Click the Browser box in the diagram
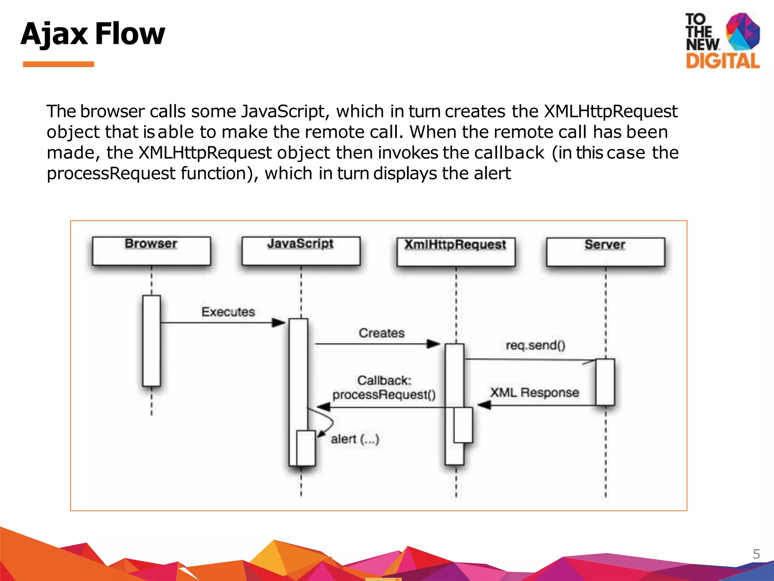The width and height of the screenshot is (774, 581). pyautogui.click(x=151, y=251)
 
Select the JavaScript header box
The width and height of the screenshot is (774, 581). pyautogui.click(x=301, y=251)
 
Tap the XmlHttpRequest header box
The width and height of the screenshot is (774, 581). pyautogui.click(x=456, y=252)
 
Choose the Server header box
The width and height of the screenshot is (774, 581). pyautogui.click(x=605, y=252)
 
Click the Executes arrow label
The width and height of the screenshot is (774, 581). pyautogui.click(x=228, y=312)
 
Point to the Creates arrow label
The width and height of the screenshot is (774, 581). pyautogui.click(x=381, y=333)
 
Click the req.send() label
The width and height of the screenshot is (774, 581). pyautogui.click(x=535, y=345)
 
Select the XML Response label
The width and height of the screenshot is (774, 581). pyautogui.click(x=534, y=392)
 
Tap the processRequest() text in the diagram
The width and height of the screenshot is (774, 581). pyautogui.click(x=384, y=395)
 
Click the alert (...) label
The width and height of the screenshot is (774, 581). pyautogui.click(x=354, y=439)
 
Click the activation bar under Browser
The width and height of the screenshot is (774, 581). pyautogui.click(x=151, y=340)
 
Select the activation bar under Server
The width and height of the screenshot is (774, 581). pyautogui.click(x=605, y=382)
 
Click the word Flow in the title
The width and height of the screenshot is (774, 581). pyautogui.click(x=130, y=34)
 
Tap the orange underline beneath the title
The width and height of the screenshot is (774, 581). pyautogui.click(x=58, y=64)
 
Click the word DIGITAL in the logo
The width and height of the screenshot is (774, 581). pyautogui.click(x=722, y=61)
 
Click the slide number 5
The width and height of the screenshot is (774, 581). pyautogui.click(x=756, y=554)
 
